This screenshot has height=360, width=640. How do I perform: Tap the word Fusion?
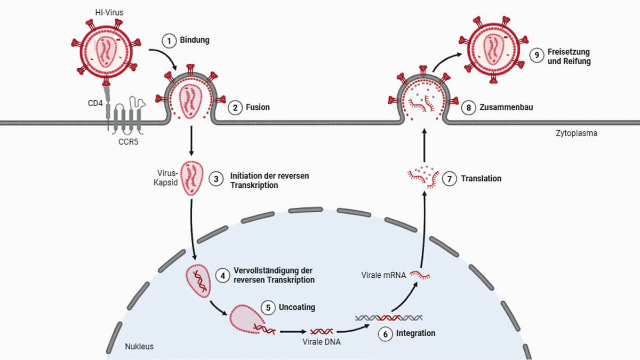tap(258, 107)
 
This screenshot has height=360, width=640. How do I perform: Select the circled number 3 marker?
tap(217, 179)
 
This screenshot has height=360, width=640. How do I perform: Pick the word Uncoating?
tap(297, 308)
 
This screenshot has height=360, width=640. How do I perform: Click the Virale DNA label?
tap(321, 342)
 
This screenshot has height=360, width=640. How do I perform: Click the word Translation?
tap(481, 179)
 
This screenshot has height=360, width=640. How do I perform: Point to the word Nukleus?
tap(139, 346)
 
